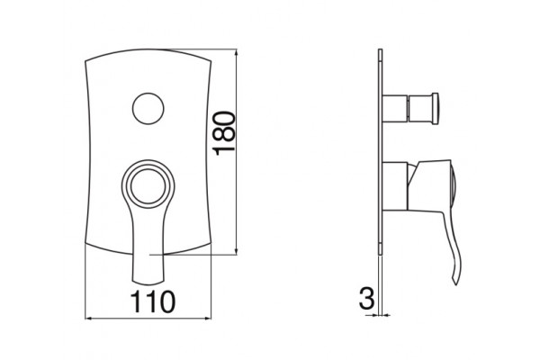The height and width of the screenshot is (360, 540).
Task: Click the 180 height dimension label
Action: pyautogui.click(x=224, y=133)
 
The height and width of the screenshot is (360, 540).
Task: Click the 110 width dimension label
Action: pyautogui.click(x=153, y=301)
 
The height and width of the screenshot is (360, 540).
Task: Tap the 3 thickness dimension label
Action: pyautogui.click(x=366, y=298)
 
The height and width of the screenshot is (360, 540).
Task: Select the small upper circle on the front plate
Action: pyautogui.click(x=148, y=108)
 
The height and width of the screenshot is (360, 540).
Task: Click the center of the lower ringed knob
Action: pyautogui.click(x=148, y=186)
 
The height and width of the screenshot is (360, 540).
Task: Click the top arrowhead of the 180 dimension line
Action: pyautogui.click(x=236, y=52)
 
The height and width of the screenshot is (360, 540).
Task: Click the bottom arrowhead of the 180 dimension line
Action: pyautogui.click(x=236, y=251)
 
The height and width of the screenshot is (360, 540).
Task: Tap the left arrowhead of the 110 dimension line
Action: pyautogui.click(x=88, y=319)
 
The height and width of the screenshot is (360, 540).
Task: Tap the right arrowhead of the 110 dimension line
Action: pyautogui.click(x=207, y=319)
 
